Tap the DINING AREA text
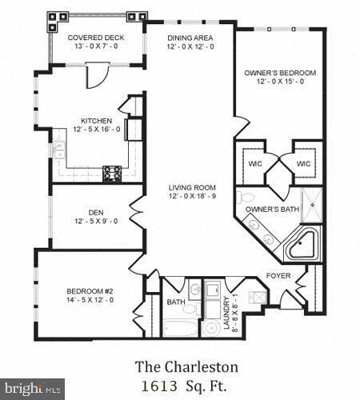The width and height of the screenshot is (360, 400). point(190,38)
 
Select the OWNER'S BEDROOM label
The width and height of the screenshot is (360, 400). point(280,73)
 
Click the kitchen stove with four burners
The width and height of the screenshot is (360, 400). point(113,170)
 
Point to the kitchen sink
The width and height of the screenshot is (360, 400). point(58,149)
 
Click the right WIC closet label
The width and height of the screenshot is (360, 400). point(302,163)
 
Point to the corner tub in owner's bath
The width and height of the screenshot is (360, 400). point(305,243)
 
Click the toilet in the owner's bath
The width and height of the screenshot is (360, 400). point(248,197)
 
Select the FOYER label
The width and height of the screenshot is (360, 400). point(279,276)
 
